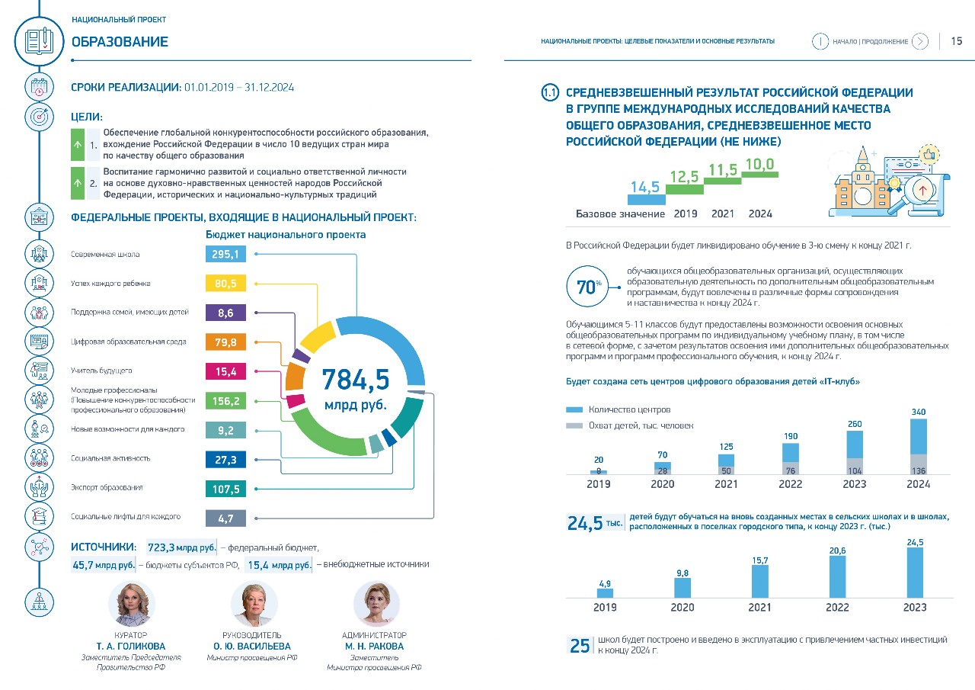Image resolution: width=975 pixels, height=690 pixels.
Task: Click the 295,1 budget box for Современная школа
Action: coord(225,254)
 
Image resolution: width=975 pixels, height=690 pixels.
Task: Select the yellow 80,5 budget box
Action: coord(225,283)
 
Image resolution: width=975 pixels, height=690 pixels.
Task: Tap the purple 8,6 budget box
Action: coord(225,313)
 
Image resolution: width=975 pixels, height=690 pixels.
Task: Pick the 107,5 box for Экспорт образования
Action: coord(225,489)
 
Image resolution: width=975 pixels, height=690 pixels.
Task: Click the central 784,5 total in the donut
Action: coord(356,380)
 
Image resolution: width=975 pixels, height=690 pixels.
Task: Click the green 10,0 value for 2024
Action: coord(759,164)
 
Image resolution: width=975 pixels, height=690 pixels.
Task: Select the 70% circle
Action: coord(587,286)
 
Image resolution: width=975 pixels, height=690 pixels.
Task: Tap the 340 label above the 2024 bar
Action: coord(919,412)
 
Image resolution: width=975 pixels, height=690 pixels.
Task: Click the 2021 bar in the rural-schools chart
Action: coord(760,581)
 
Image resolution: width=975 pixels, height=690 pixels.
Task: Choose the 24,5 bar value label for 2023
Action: coord(915,542)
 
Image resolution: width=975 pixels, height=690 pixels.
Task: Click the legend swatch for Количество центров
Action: coord(574,409)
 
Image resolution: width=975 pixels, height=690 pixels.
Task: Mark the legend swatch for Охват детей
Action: coord(574,425)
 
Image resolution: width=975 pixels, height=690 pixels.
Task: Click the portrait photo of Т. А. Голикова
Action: coord(131,604)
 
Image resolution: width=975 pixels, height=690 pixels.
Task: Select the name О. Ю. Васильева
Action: coord(252,646)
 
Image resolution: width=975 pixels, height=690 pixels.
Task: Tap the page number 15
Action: coord(956,41)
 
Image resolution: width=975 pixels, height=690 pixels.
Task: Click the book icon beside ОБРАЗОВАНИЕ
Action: coord(39,41)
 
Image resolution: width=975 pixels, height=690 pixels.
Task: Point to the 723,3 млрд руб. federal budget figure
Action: coord(181,547)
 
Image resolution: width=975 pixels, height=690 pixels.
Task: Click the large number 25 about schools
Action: coord(580,646)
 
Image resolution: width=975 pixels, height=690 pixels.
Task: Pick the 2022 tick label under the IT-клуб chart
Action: coord(791,484)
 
